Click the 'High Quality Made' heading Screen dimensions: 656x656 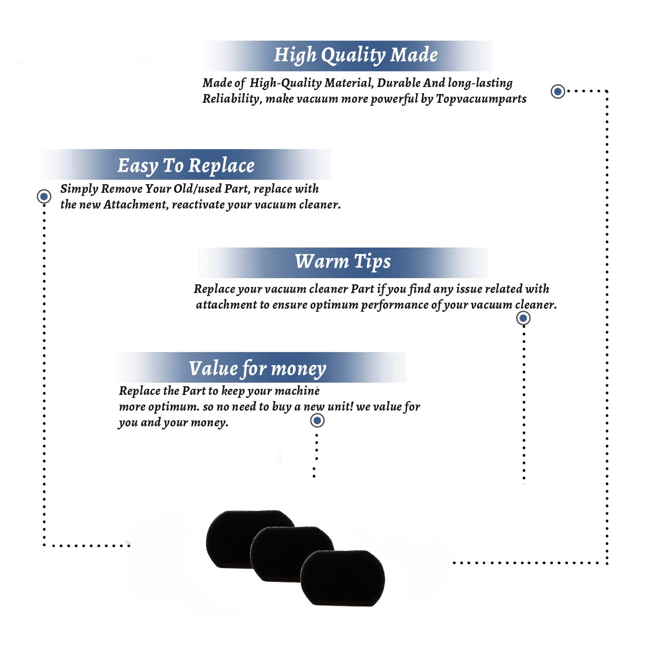356,56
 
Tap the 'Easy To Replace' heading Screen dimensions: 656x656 186,166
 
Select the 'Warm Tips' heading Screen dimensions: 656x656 342,262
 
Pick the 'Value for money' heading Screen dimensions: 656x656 258,369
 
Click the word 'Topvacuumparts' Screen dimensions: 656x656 481,99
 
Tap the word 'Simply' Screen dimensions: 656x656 79,189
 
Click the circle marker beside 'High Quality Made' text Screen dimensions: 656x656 558,91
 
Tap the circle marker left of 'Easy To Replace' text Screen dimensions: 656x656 44,196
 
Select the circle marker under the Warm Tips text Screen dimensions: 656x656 523,318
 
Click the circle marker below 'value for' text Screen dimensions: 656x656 317,421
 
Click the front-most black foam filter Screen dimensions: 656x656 343,578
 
